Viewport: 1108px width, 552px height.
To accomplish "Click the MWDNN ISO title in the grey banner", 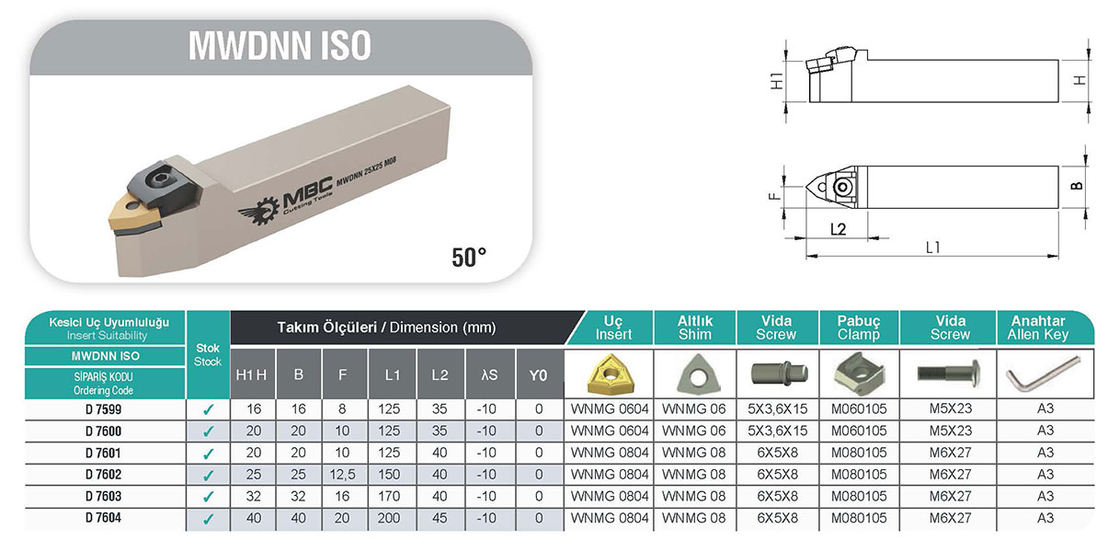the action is coord(280,46).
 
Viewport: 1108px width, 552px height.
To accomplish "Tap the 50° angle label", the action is coord(469,258).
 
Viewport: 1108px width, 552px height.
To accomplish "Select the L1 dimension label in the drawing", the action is coord(933,247).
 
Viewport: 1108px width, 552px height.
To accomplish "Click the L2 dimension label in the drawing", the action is coord(838,229).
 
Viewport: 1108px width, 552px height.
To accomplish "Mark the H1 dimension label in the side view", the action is coord(777,81).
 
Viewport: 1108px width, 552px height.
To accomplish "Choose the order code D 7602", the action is coord(103,475).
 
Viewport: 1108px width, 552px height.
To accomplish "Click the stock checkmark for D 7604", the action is coord(208,519).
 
